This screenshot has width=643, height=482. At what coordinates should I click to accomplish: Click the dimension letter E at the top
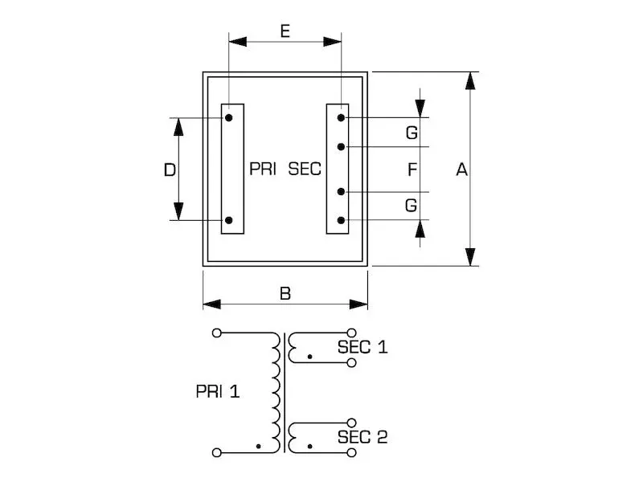click(x=285, y=31)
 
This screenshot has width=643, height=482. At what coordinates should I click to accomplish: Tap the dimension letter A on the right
click(x=461, y=170)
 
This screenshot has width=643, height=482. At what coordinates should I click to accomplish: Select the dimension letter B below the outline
click(x=285, y=293)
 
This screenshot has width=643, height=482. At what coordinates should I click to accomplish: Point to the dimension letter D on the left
click(x=170, y=170)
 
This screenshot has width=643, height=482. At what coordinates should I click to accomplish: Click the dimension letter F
click(x=412, y=170)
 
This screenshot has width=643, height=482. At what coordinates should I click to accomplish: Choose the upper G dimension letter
click(x=412, y=133)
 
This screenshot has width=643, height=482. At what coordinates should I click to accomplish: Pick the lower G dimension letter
click(x=411, y=206)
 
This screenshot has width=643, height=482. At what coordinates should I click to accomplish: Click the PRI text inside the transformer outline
click(x=263, y=169)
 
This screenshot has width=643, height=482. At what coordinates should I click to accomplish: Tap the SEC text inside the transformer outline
click(x=305, y=169)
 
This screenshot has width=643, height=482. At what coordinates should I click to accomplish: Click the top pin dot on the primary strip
click(x=229, y=118)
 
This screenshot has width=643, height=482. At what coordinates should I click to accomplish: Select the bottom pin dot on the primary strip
click(x=229, y=220)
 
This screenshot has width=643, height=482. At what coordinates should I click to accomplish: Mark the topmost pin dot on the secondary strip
click(x=341, y=118)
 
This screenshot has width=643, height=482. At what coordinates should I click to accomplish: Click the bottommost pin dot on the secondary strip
click(x=341, y=220)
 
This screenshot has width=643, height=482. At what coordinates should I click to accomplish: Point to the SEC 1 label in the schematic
click(x=362, y=347)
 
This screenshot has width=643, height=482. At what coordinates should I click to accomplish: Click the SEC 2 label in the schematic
click(x=362, y=437)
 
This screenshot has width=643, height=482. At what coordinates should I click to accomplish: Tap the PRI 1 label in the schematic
click(x=218, y=391)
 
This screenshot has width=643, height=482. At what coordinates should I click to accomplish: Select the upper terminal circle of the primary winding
click(x=216, y=333)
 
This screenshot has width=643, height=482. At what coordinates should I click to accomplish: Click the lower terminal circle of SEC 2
click(x=351, y=452)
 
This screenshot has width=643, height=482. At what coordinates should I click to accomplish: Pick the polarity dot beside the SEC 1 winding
click(x=309, y=357)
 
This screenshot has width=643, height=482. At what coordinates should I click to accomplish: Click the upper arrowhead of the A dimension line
click(x=470, y=81)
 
